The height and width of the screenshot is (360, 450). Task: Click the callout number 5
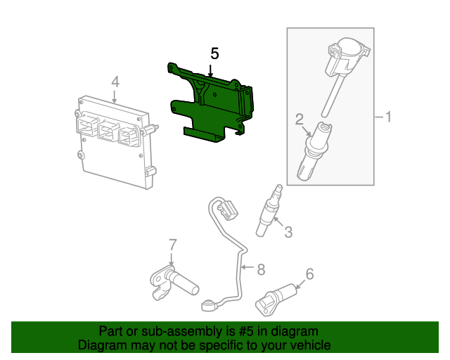(x=214, y=53)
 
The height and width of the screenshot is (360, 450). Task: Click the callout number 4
(x=115, y=82)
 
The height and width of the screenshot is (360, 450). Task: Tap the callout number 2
(x=299, y=118)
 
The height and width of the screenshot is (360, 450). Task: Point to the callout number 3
(x=288, y=231)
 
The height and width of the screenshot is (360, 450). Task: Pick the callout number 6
(x=309, y=274)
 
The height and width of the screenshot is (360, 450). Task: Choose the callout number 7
(x=171, y=245)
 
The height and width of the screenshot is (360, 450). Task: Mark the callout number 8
(x=260, y=268)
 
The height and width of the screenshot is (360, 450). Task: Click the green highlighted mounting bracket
(x=211, y=105)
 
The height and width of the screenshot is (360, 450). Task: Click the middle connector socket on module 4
(x=108, y=129)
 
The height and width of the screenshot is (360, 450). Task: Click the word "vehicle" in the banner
(x=309, y=345)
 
